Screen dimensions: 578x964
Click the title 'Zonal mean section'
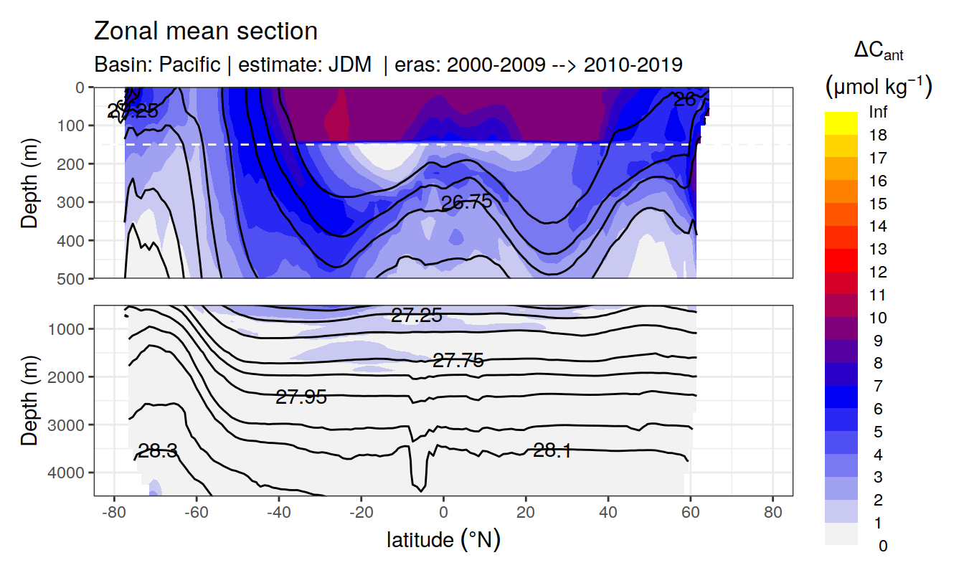point(206,32)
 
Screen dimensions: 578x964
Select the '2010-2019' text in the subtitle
point(633,65)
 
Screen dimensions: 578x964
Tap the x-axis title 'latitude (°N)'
point(443,539)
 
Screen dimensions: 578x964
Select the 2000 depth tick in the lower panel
point(67,376)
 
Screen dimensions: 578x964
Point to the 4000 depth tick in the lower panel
point(67,472)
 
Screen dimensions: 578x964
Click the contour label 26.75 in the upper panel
point(466,202)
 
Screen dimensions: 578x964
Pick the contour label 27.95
point(301,397)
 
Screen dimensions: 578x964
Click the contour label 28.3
point(157,451)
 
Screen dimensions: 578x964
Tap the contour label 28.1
point(552,450)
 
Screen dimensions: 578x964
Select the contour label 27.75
point(458,361)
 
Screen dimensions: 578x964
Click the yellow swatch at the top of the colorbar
point(841,123)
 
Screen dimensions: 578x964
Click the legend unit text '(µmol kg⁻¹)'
point(878,87)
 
